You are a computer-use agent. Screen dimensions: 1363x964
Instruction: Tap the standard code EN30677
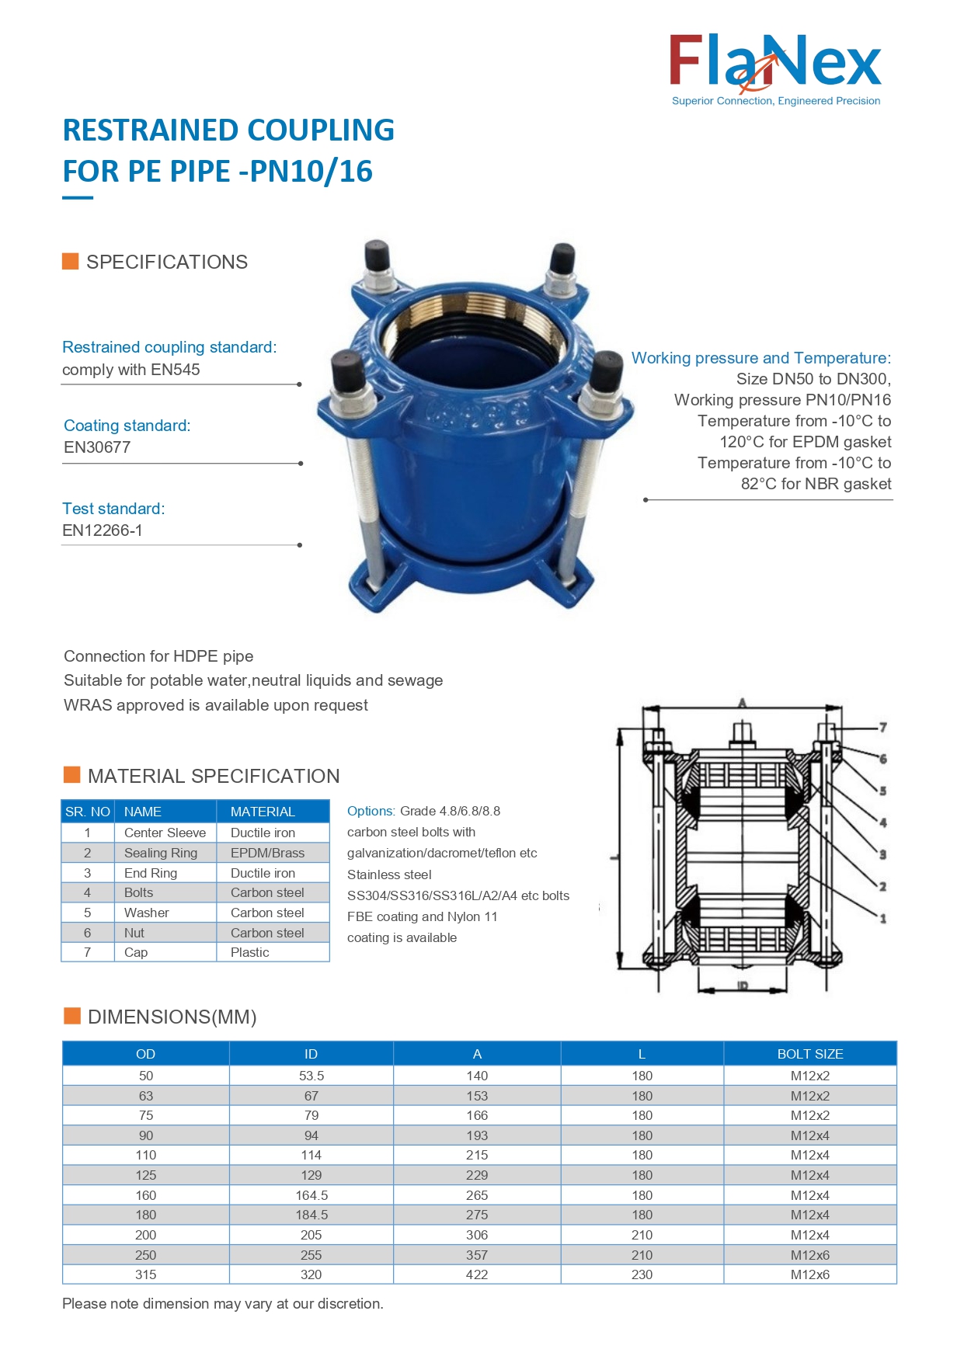(97, 447)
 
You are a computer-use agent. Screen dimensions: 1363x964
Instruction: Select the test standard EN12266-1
(102, 530)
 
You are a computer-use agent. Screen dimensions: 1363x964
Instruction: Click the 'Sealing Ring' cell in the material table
(161, 853)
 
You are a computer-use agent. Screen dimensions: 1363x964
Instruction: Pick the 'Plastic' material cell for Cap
(249, 952)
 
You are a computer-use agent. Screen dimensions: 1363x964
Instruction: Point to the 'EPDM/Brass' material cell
(267, 853)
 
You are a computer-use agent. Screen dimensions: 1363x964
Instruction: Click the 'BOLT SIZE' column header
(809, 1054)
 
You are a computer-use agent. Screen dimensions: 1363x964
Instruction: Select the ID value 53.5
(311, 1076)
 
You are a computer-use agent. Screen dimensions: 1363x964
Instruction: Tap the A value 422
(477, 1274)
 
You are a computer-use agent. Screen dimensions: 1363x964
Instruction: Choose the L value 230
(642, 1274)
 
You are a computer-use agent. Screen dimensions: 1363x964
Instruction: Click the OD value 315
(145, 1274)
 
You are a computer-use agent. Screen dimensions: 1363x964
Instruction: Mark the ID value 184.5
(311, 1215)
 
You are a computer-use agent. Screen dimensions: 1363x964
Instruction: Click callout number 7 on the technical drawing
(882, 728)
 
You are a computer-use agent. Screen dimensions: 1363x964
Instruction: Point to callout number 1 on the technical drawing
(882, 919)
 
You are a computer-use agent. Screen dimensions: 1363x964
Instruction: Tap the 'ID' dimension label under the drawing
(742, 986)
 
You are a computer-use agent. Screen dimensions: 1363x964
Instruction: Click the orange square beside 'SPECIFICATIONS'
(71, 261)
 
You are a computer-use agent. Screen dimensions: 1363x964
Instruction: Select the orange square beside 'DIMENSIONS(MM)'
(72, 1016)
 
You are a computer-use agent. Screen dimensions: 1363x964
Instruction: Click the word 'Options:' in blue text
(371, 811)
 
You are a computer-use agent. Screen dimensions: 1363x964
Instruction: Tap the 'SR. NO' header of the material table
(88, 812)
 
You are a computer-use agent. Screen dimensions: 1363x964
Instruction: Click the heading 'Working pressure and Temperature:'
(760, 358)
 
